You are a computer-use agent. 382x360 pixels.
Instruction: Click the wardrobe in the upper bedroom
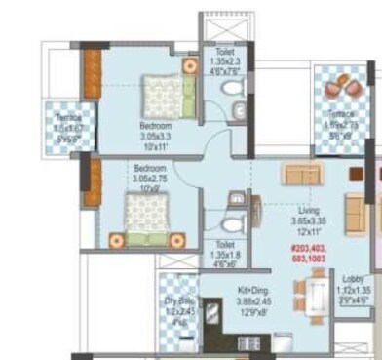pos(90,73)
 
